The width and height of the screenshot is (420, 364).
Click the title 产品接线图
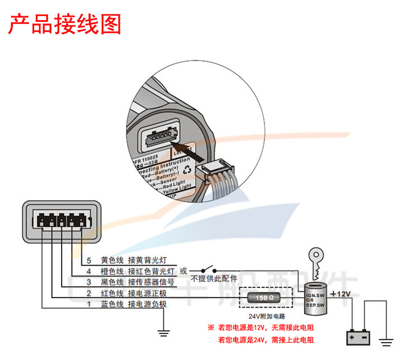(64, 25)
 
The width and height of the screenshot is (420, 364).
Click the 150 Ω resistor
(265, 298)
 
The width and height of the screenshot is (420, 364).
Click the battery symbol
(358, 338)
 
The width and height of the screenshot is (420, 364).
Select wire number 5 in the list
(88, 261)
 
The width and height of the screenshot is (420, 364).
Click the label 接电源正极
(147, 294)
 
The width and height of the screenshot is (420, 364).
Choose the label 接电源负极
(147, 304)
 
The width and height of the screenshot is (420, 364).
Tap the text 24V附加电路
(265, 316)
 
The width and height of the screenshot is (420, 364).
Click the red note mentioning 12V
(262, 327)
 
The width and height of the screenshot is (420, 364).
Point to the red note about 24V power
(266, 339)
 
